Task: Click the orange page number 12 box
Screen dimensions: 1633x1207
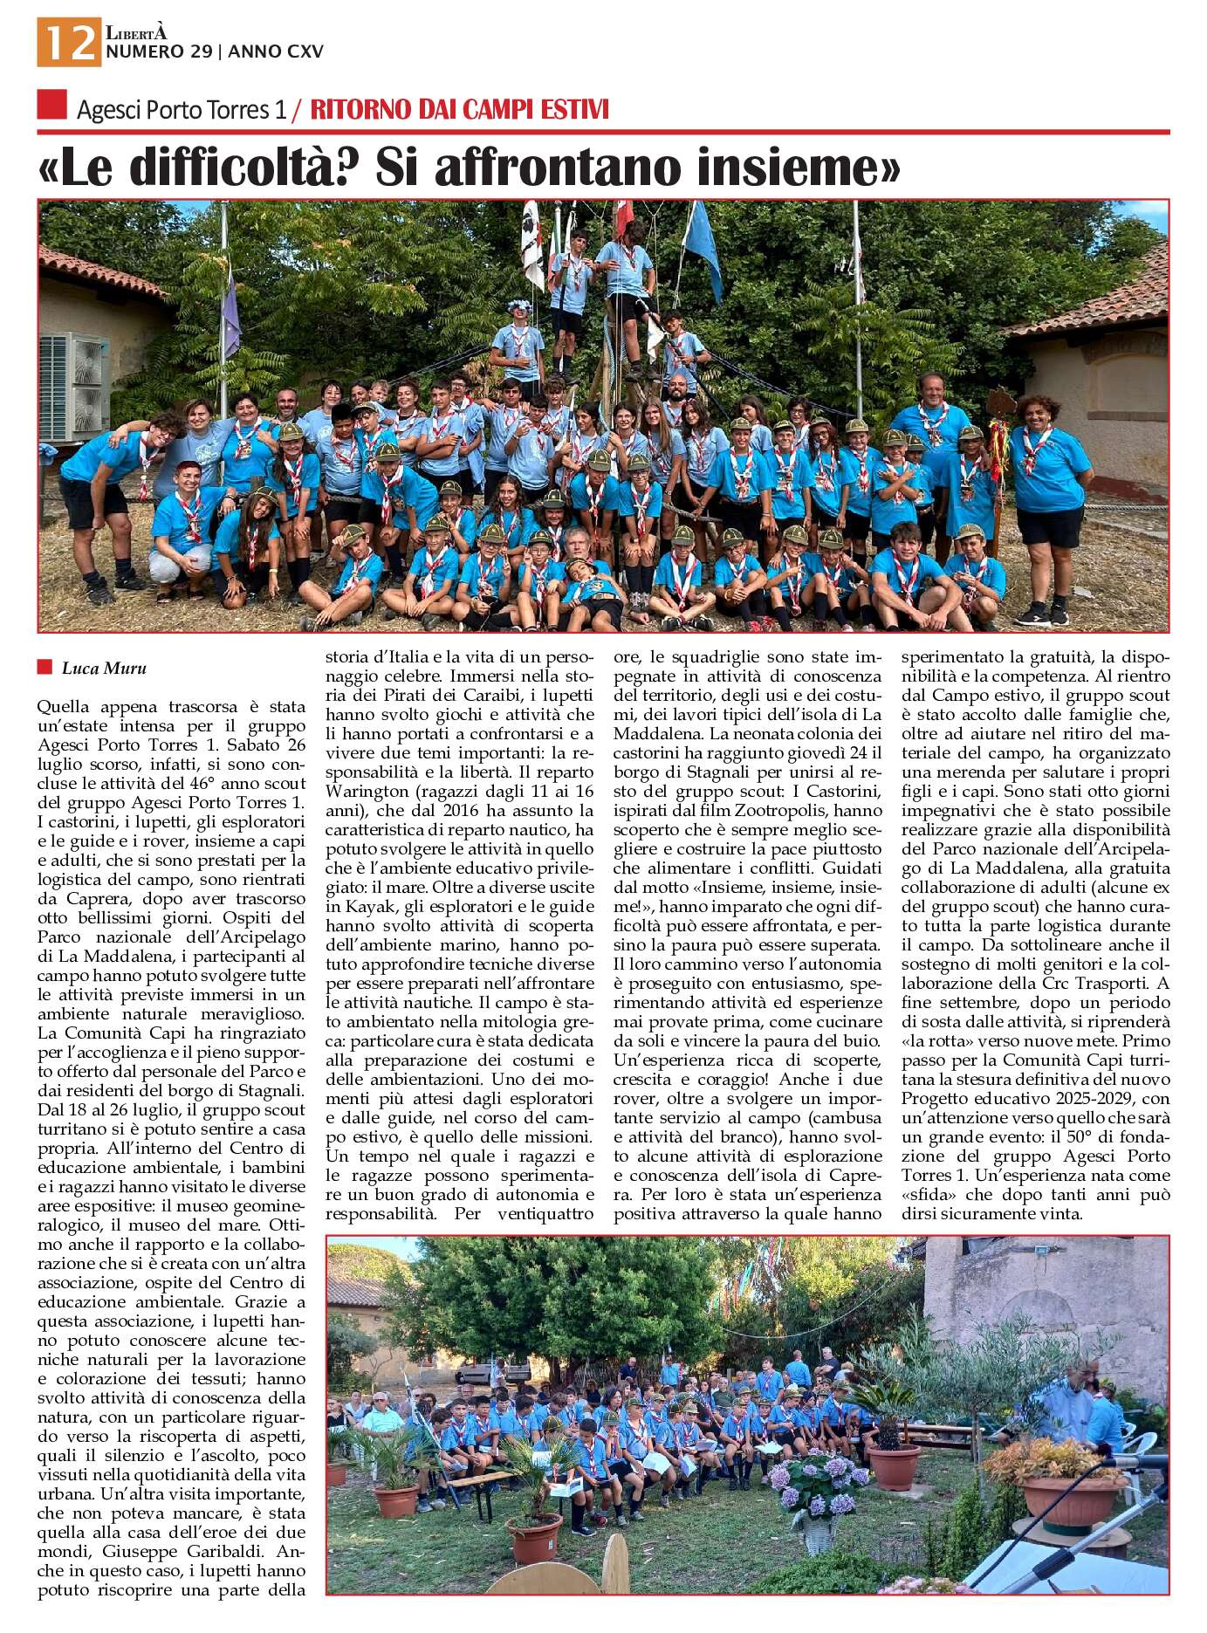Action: pyautogui.click(x=68, y=41)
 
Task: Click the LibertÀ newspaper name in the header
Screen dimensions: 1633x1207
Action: pyautogui.click(x=135, y=33)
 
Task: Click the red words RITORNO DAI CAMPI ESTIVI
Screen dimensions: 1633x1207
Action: pyautogui.click(x=459, y=109)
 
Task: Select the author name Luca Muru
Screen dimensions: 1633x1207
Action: pyautogui.click(x=104, y=669)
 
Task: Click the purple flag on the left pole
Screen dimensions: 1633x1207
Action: pyautogui.click(x=231, y=314)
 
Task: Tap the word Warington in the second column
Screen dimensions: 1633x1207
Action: pyautogui.click(x=362, y=791)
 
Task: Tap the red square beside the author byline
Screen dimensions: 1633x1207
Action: pyautogui.click(x=44, y=668)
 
